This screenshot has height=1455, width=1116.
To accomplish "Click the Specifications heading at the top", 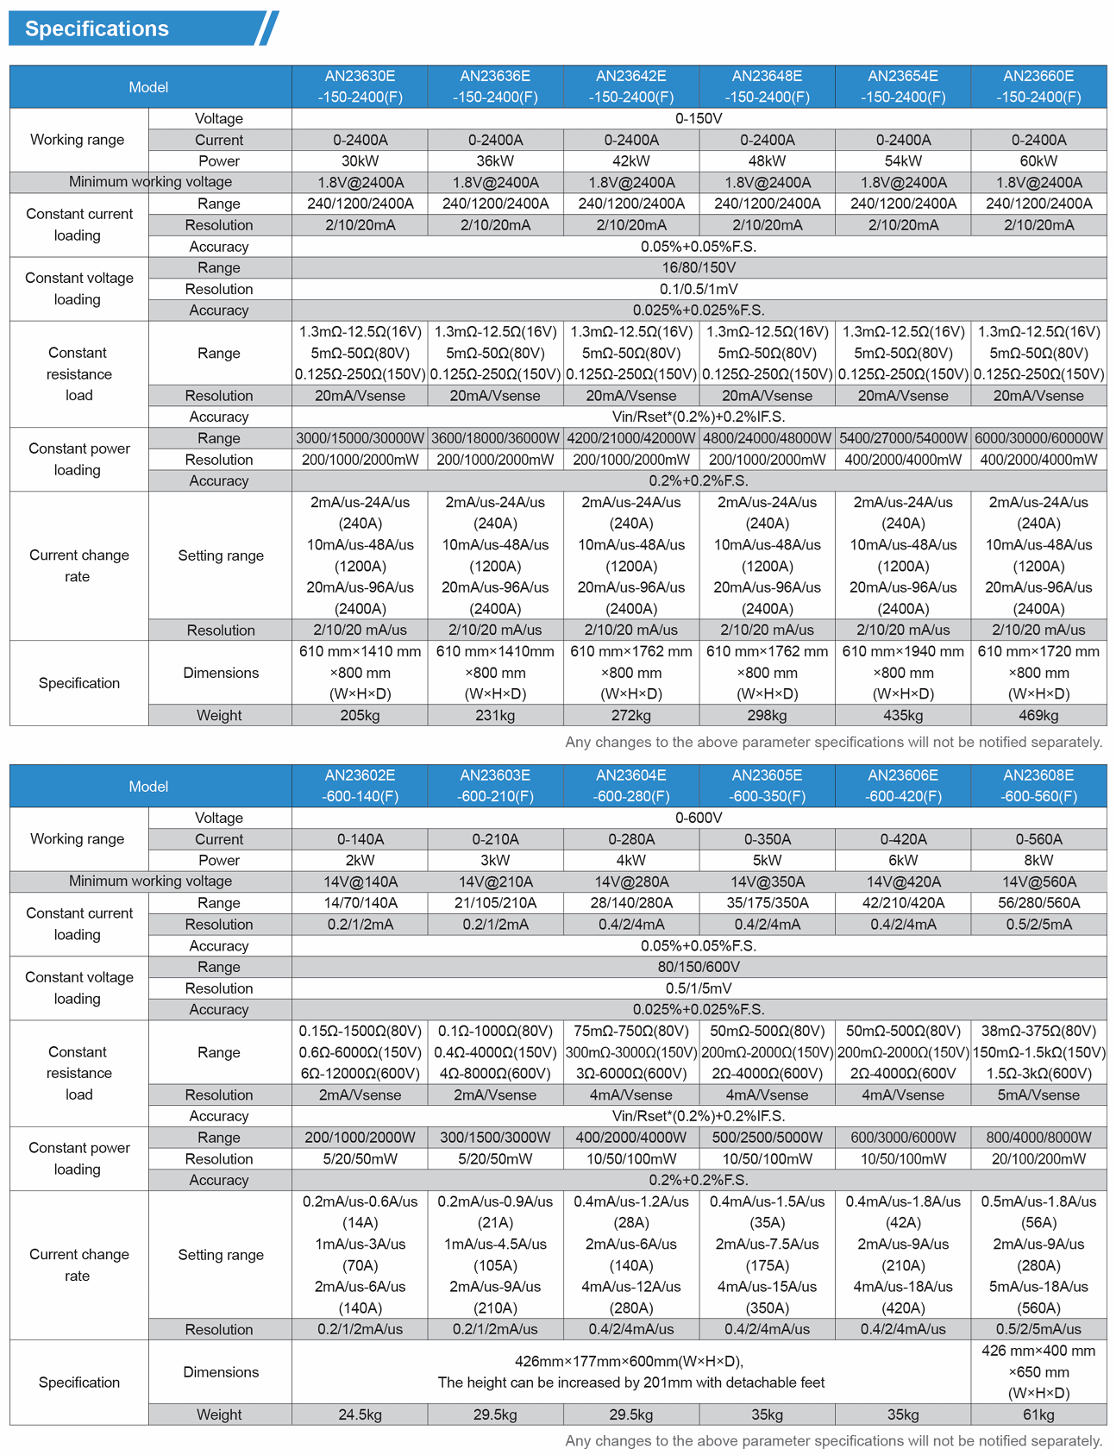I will [97, 28].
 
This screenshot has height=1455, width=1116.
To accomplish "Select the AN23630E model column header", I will [360, 86].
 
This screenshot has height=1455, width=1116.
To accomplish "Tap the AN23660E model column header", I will [1038, 86].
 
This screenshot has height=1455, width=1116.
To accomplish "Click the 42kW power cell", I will [631, 161].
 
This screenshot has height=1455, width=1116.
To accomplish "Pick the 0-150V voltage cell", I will [699, 118].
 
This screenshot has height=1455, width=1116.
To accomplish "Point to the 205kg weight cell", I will [360, 715].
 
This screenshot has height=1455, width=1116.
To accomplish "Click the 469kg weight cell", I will [1038, 715].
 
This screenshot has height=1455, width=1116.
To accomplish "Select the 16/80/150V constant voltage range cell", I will [699, 267].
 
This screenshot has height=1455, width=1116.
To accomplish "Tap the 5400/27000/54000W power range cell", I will [903, 438].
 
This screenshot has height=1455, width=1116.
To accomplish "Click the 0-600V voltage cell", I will [699, 818].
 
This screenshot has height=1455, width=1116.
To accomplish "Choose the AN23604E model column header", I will [631, 786].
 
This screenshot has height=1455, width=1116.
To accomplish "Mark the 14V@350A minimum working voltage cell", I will [767, 881].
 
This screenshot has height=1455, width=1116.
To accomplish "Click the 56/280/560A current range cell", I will [1038, 903].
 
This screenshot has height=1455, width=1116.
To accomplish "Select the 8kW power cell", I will [1038, 860].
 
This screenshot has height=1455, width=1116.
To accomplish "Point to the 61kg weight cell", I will [1038, 1414].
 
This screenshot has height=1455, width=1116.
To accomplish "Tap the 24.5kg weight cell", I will [360, 1414].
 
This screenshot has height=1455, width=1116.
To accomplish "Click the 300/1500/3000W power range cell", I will [495, 1138].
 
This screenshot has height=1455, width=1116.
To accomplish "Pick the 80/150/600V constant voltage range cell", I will [699, 967].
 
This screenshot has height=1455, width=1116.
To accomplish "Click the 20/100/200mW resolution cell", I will [1038, 1159].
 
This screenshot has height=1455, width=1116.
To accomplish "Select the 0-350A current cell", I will [767, 839].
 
